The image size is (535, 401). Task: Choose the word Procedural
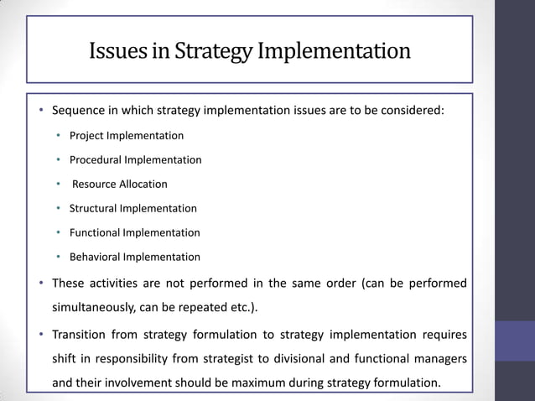96,159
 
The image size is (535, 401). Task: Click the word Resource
95,184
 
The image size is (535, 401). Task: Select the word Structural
95,208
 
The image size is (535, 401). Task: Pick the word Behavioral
96,257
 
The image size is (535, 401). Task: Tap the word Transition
79,335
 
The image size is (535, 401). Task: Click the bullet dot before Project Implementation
59,136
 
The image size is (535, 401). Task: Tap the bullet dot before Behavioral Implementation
59,258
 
